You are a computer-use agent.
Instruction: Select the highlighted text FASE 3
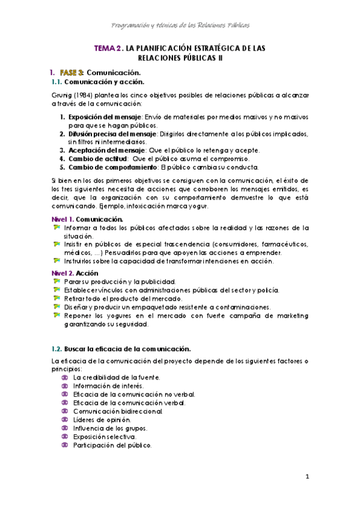pos(72,73)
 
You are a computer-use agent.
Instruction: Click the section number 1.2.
pos(57,349)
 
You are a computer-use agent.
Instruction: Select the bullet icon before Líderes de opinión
pos(66,419)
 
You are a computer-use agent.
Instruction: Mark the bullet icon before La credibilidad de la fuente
pos(66,377)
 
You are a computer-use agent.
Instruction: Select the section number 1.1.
pos(57,82)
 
